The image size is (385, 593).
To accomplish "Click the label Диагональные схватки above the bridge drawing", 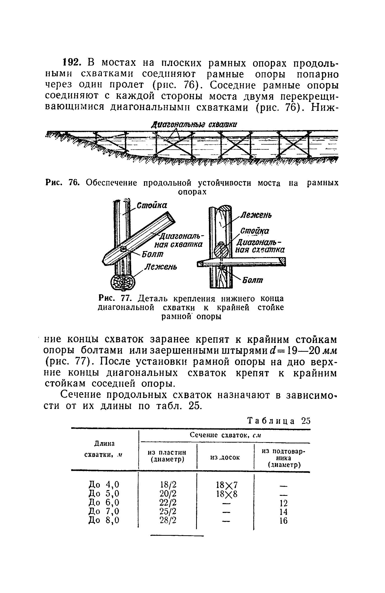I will click(x=194, y=125).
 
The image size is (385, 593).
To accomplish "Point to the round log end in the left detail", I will click(x=123, y=283).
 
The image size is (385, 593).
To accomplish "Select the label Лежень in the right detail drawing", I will click(x=256, y=215).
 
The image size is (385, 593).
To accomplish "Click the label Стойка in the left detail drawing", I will click(x=152, y=205).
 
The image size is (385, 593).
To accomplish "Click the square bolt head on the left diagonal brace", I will click(x=123, y=249).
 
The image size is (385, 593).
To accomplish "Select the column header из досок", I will click(x=225, y=457).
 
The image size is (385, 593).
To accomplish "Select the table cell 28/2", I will click(x=168, y=520).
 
